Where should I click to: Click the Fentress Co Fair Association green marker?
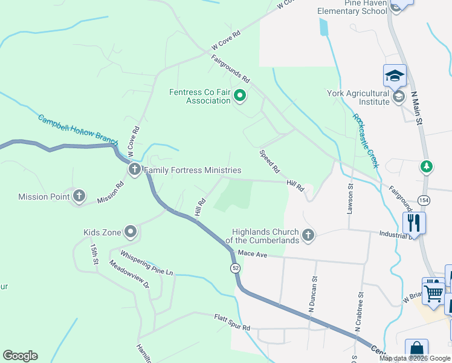point(240,95)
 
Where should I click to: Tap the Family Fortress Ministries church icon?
point(134,171)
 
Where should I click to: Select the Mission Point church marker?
point(79,196)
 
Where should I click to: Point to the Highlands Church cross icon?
point(308,235)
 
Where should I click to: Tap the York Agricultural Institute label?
point(358,97)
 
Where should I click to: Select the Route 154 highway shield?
point(422,200)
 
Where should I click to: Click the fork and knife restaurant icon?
point(414,222)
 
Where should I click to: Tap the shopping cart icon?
point(433,293)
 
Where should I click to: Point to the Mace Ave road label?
point(253,255)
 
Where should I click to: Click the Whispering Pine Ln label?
point(147,263)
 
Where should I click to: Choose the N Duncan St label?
point(313,294)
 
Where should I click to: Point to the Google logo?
point(20,356)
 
